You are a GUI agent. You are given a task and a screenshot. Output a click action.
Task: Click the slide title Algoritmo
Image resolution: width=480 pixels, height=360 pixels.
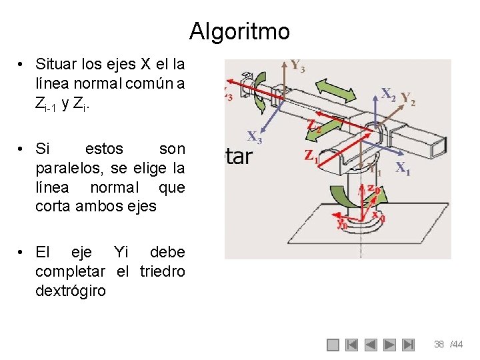pos(239,31)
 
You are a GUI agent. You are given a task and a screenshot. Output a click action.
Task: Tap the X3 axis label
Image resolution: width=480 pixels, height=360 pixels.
pos(255,137)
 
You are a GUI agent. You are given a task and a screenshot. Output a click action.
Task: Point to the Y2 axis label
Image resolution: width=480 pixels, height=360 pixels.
pos(408,99)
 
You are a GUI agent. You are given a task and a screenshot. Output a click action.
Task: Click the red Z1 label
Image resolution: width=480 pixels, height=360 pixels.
pos(311,155)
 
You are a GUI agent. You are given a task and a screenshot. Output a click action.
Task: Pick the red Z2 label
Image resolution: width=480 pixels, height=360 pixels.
pos(315,125)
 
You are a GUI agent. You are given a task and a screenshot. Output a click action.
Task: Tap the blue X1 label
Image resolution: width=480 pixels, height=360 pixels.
pos(403,168)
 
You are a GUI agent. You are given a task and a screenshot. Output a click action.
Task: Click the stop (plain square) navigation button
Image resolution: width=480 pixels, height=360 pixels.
pos(333,345)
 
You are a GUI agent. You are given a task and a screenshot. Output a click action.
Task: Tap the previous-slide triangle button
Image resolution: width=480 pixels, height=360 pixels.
pos(371,345)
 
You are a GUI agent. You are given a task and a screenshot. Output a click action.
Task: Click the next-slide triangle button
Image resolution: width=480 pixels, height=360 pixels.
pos(390,345)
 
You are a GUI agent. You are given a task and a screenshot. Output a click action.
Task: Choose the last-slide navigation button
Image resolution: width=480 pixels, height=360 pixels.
pos(409,345)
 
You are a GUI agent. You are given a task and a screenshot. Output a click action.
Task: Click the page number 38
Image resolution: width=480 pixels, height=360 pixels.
pos(439,345)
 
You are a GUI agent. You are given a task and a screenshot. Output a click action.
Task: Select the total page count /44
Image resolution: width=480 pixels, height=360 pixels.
pos(456,345)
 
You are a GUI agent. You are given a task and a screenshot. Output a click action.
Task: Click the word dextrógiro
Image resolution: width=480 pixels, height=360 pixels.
pos(70,291)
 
